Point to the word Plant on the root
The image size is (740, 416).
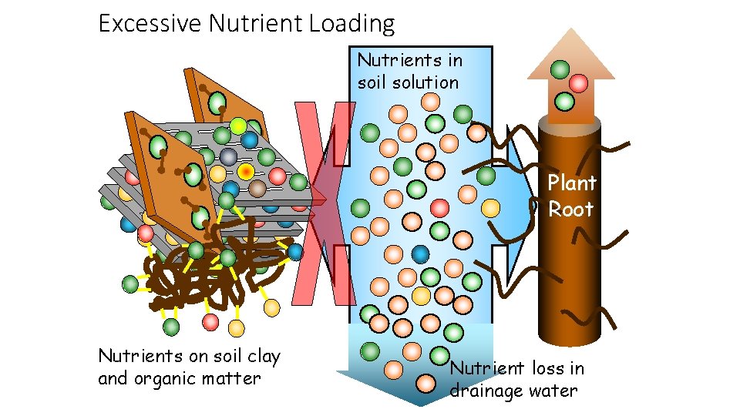pyautogui.click(x=572, y=183)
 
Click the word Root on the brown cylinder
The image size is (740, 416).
pyautogui.click(x=571, y=209)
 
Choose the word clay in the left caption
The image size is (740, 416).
pyautogui.click(x=262, y=356)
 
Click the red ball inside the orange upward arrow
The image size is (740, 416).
pyautogui.click(x=578, y=83)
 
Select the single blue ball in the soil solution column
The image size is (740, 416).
pyautogui.click(x=420, y=253)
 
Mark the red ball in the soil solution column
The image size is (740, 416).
pyautogui.click(x=439, y=207)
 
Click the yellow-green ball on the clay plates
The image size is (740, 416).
pyautogui.click(x=239, y=126)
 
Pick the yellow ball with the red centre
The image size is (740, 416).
pyautogui.click(x=245, y=170)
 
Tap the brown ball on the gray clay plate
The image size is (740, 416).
pyautogui.click(x=257, y=188)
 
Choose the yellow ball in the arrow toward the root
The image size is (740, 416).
pyautogui.click(x=490, y=207)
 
